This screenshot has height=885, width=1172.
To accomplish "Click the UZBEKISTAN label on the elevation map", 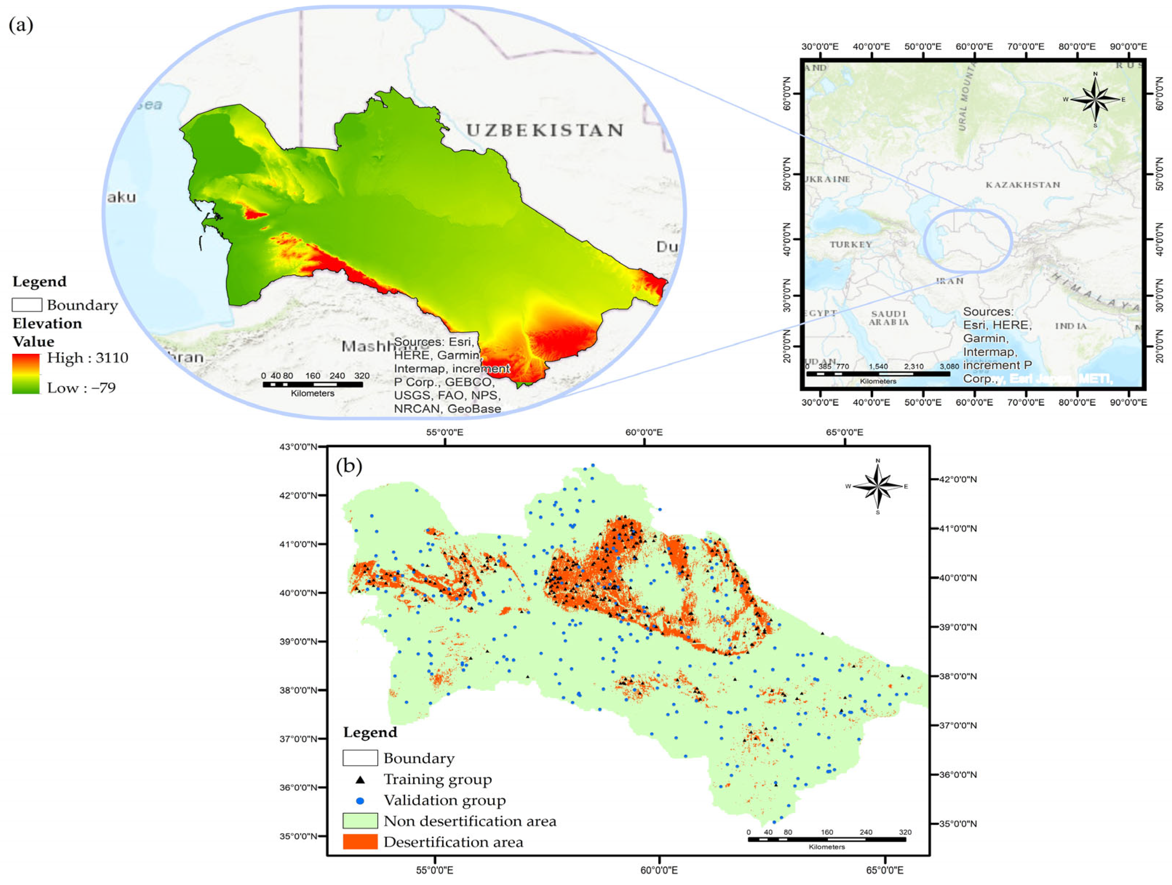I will pos(545,131).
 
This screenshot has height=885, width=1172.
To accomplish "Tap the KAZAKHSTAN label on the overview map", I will pos(1023,185).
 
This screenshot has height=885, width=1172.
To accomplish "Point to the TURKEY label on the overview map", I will pos(851,244).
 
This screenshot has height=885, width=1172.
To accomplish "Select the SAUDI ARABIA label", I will pos(888,318).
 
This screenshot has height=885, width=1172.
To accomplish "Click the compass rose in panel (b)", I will pos(878,486).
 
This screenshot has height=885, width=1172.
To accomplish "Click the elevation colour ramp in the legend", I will pos(26,374).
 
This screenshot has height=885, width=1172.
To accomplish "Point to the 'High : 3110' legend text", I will pos(87,358).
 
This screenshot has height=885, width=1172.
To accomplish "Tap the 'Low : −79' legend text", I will pos(81,388).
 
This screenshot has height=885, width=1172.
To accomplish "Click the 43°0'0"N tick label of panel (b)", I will pos(298,447).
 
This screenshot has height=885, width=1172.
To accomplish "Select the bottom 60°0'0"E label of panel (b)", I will pos(659,870).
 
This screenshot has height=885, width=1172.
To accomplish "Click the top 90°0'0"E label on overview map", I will pos(1128,47).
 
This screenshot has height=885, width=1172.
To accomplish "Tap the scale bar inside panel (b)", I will pos(827,840).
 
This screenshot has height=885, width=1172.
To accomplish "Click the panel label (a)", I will pos(21,25).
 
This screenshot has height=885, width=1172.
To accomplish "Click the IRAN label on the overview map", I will pos(949,281).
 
